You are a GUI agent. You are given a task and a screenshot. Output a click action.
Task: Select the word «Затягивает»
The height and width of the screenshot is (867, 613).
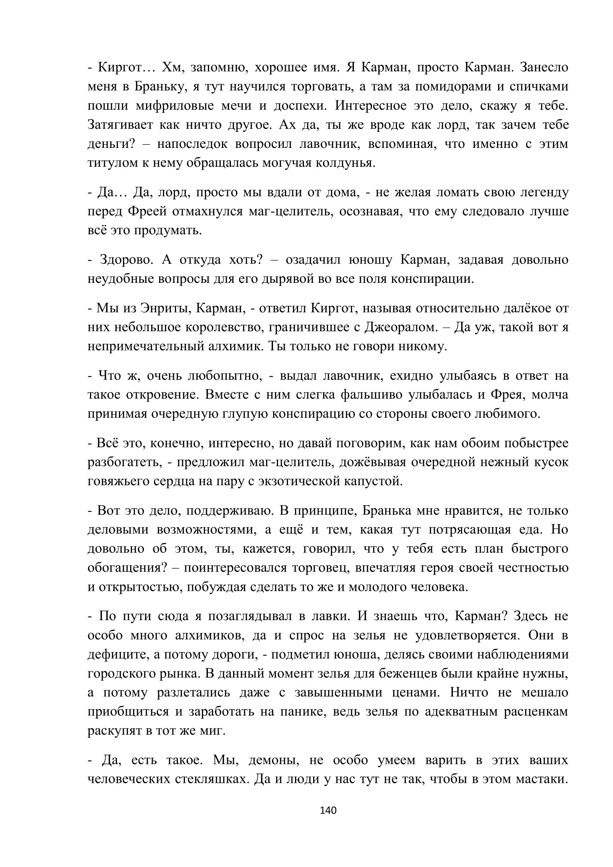[120, 125]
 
